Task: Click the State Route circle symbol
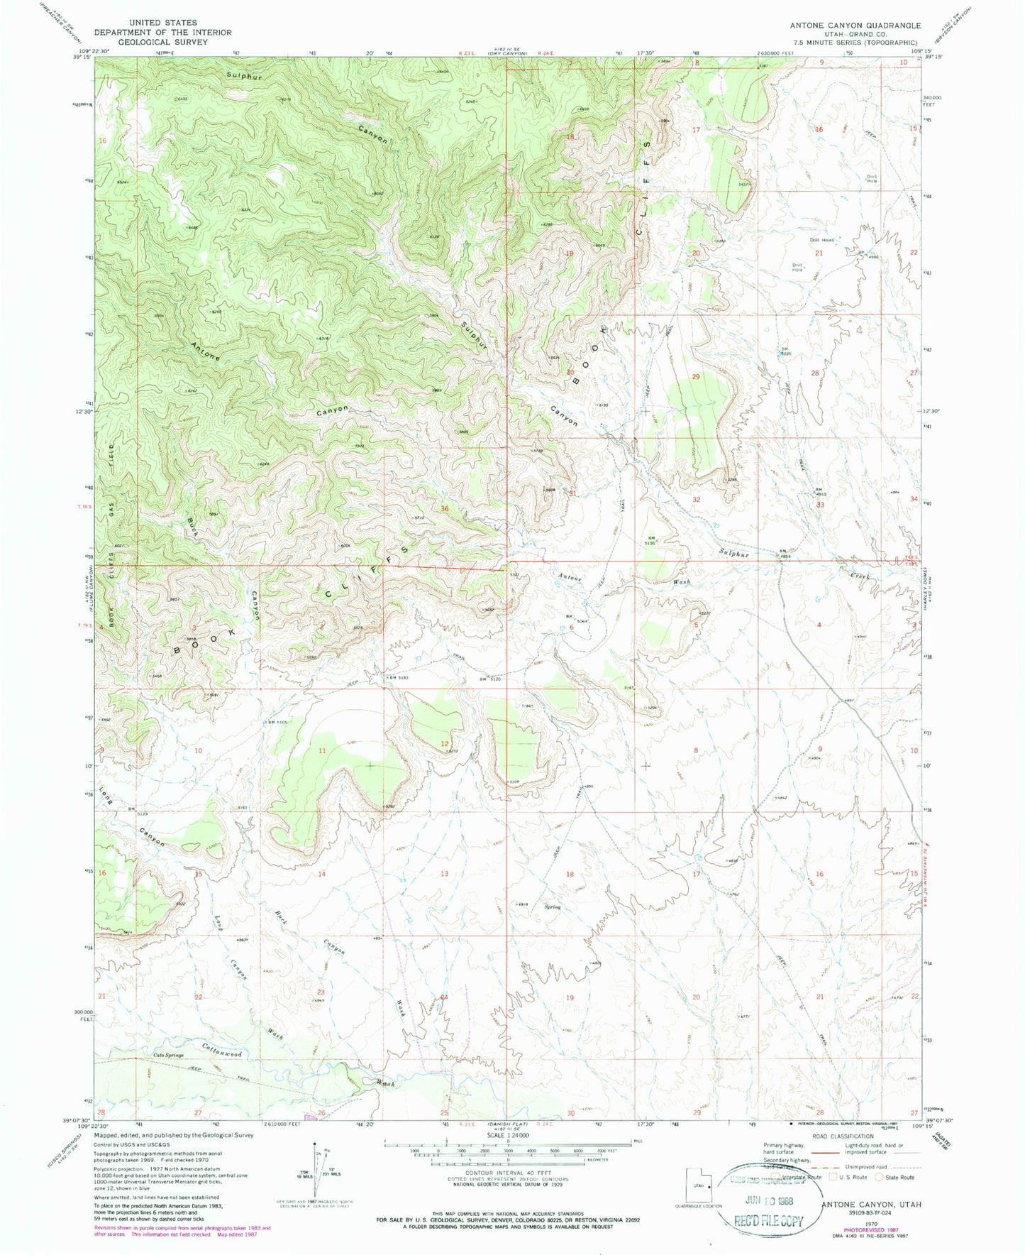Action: point(880,1177)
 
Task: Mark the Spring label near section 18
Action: point(553,907)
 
